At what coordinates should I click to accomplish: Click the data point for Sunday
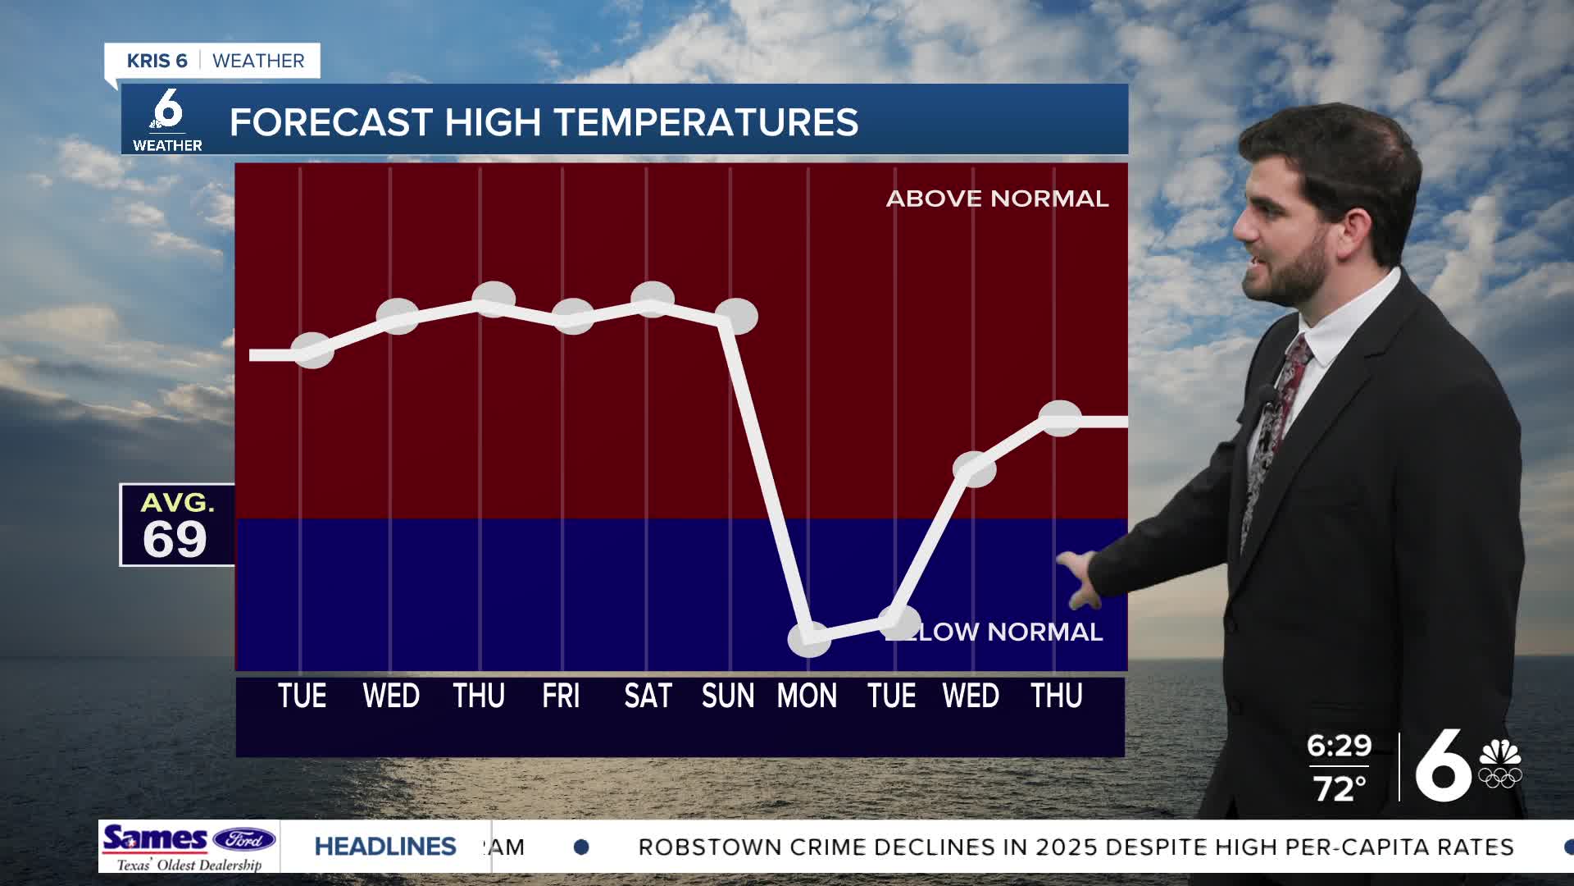pyautogui.click(x=736, y=317)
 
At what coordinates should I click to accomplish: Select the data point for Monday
pyautogui.click(x=809, y=639)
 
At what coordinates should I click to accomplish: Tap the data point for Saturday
pyautogui.click(x=653, y=299)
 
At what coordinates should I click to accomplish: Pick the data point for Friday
pyautogui.click(x=573, y=316)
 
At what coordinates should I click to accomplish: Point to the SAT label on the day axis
pyautogui.click(x=648, y=696)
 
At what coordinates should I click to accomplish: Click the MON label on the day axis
pyautogui.click(x=807, y=696)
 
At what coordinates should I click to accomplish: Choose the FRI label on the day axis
pyautogui.click(x=561, y=696)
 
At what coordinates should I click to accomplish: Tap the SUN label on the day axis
pyautogui.click(x=728, y=696)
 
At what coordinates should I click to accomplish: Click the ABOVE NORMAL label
pyautogui.click(x=997, y=199)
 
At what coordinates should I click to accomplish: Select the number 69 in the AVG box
pyautogui.click(x=175, y=539)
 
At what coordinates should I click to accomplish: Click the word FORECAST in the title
pyautogui.click(x=330, y=123)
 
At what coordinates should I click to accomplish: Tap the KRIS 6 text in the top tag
pyautogui.click(x=157, y=62)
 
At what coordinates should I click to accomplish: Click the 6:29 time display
pyautogui.click(x=1339, y=746)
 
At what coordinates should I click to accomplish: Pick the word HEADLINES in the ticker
pyautogui.click(x=385, y=847)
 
